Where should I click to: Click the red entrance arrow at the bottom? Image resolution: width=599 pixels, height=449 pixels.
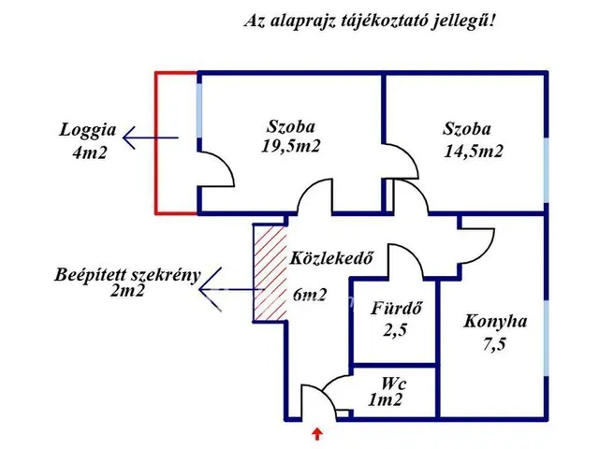click(317, 434)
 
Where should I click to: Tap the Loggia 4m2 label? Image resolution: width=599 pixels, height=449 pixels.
click(88, 141)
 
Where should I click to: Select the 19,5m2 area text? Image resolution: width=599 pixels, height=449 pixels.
click(291, 146)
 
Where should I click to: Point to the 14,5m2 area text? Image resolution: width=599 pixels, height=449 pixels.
click(474, 151)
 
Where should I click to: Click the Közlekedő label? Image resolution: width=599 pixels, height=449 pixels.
click(331, 258)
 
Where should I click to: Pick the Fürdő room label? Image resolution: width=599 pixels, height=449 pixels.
click(396, 309)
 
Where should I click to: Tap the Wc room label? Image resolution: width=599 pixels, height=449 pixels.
click(393, 384)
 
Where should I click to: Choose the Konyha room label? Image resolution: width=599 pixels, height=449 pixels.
click(495, 322)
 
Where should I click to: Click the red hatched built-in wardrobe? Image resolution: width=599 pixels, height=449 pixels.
click(270, 272)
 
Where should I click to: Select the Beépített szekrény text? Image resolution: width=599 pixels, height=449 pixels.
click(127, 275)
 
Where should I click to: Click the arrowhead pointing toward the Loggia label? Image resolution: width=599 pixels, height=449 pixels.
click(129, 138)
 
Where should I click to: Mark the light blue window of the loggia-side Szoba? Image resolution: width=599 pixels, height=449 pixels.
click(199, 110)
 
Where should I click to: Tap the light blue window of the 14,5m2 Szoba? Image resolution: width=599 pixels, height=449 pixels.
click(547, 170)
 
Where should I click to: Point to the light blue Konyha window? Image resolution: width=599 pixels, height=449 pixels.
click(547, 339)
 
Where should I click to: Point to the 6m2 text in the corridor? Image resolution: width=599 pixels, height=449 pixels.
click(310, 295)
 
